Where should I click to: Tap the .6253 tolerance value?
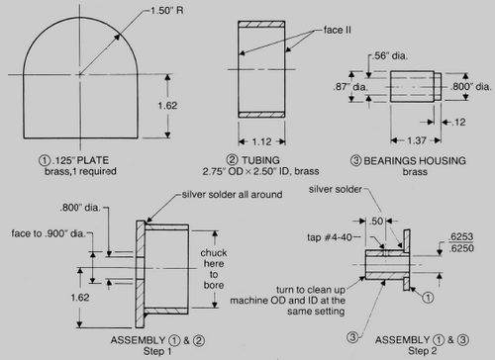tap(459, 238)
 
